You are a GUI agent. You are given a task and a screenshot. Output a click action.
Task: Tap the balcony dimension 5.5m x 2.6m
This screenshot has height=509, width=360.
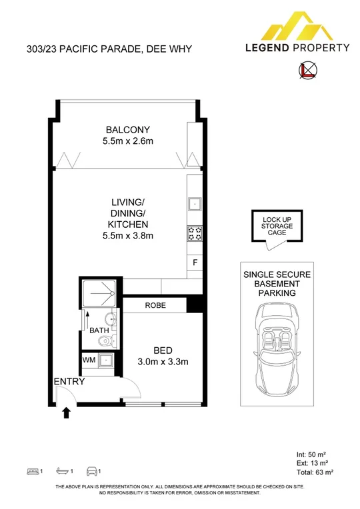128,141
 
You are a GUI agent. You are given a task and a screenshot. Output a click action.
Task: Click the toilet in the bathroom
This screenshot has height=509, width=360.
101,342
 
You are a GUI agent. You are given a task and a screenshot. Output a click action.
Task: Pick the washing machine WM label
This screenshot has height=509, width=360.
89,360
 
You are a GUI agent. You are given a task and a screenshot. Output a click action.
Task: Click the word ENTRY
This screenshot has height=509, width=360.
69,382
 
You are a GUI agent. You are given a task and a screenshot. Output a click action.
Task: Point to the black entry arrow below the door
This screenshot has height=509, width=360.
66,414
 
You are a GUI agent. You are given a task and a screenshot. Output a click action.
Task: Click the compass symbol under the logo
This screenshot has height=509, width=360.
308,70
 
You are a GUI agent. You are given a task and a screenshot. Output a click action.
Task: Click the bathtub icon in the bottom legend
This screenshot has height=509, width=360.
63,472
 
